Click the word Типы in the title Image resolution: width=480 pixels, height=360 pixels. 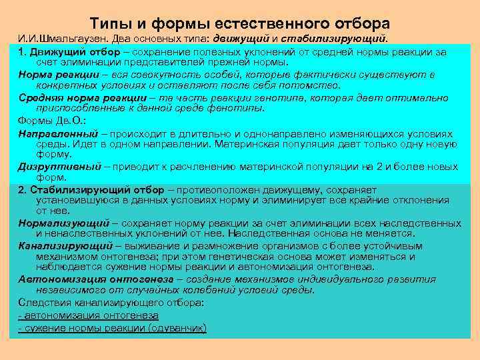click(111, 23)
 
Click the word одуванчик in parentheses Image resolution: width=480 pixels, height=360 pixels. click(181, 328)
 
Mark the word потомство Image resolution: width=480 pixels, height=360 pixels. click(313, 85)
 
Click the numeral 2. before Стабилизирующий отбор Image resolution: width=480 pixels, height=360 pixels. click(23, 190)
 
